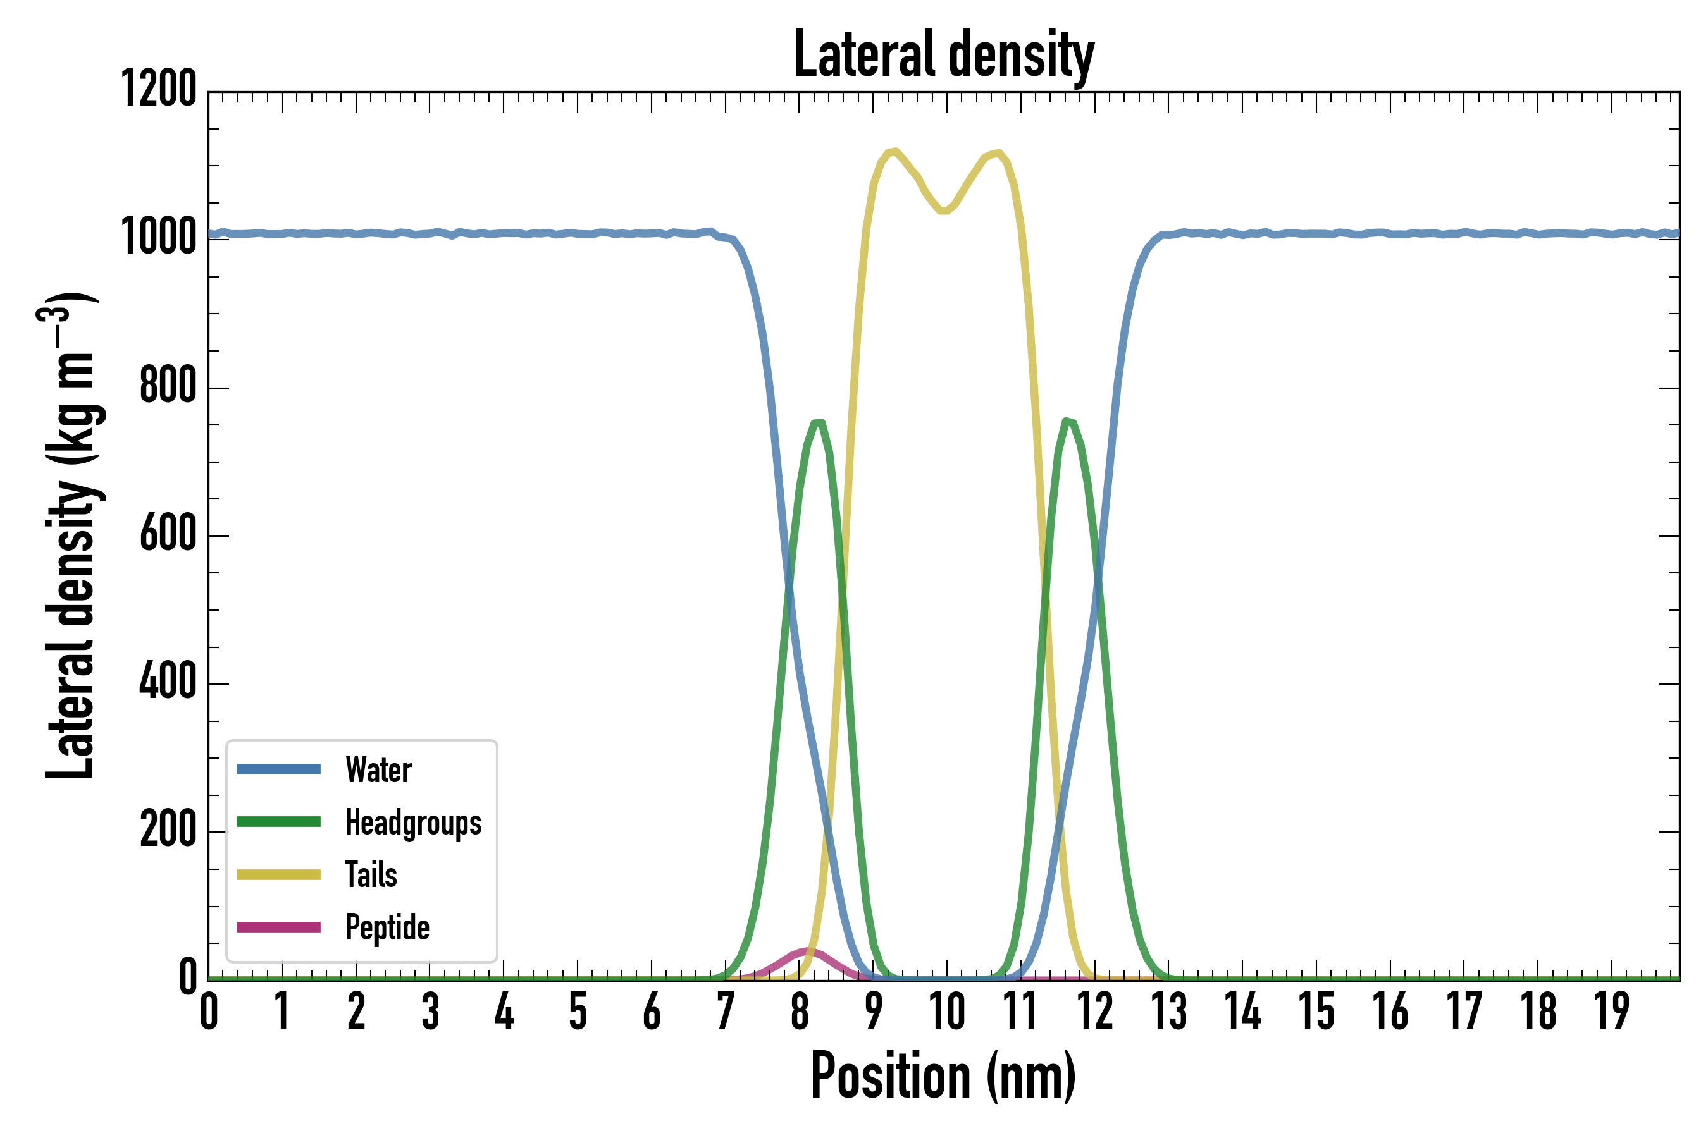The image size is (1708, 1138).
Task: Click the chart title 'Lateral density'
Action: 944,54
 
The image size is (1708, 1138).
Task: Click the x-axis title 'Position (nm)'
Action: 943,1077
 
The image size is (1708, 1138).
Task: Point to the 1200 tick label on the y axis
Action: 158,89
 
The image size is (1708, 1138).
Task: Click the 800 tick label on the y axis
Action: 168,386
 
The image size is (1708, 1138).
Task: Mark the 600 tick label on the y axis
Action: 168,534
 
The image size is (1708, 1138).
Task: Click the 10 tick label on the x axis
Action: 947,1011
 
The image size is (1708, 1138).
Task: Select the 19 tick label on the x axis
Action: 1611,1011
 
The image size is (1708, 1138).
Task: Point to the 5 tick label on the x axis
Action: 578,1011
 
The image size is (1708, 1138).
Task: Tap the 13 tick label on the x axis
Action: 1168,1011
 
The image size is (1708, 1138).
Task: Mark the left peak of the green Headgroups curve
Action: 819,423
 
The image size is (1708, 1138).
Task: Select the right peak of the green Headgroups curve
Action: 1066,422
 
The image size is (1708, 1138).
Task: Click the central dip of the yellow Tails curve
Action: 944,211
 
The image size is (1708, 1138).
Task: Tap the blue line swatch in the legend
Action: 279,769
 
